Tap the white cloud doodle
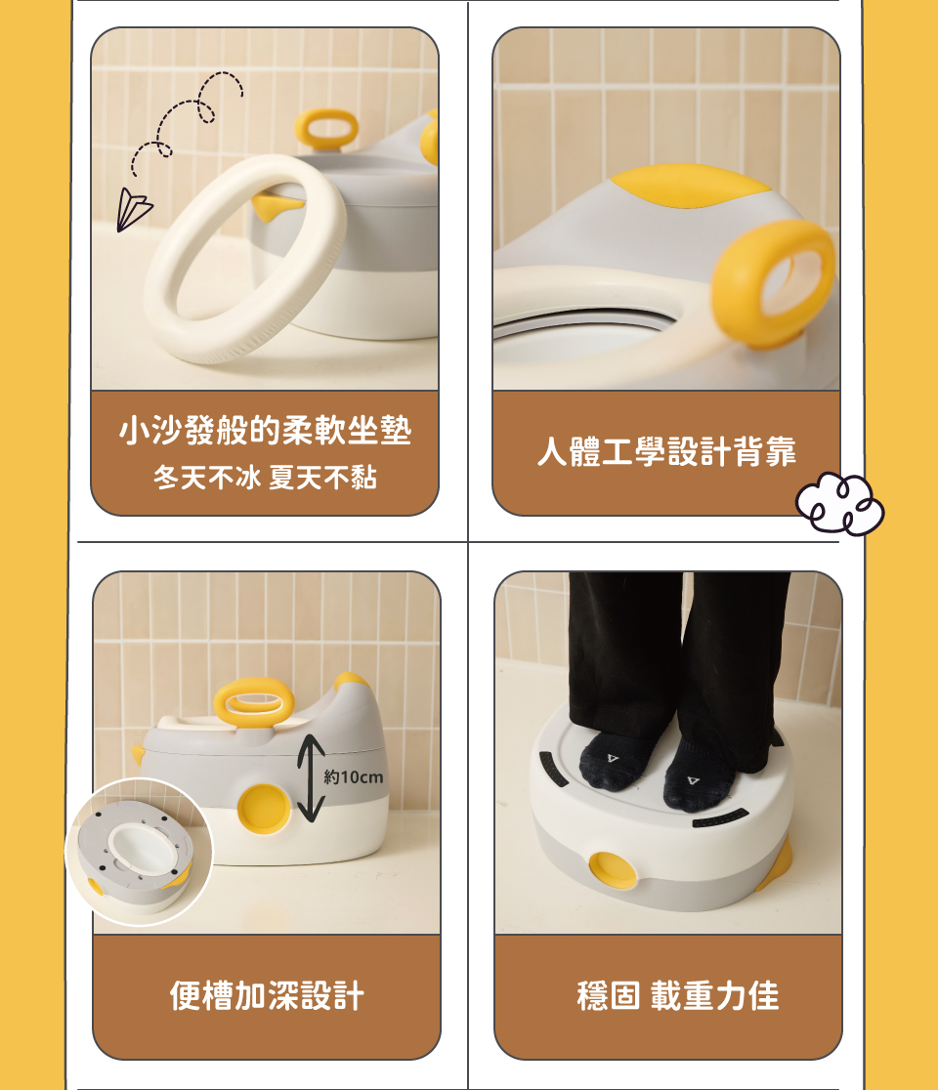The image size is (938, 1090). (x=839, y=504)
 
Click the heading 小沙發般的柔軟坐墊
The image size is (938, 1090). (x=265, y=431)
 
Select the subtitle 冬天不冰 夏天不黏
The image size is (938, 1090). (x=265, y=478)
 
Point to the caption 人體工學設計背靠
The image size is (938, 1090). (x=666, y=452)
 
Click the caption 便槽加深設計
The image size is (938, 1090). (x=267, y=995)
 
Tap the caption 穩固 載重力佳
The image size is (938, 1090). (x=678, y=995)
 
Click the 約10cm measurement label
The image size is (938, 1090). (x=354, y=776)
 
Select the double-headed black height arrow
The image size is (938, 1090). (x=311, y=777)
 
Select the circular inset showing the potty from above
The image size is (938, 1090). (x=139, y=853)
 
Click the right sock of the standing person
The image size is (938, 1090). (x=698, y=777)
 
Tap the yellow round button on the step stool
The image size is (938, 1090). (x=613, y=869)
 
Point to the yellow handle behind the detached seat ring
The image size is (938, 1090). (x=326, y=129)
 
